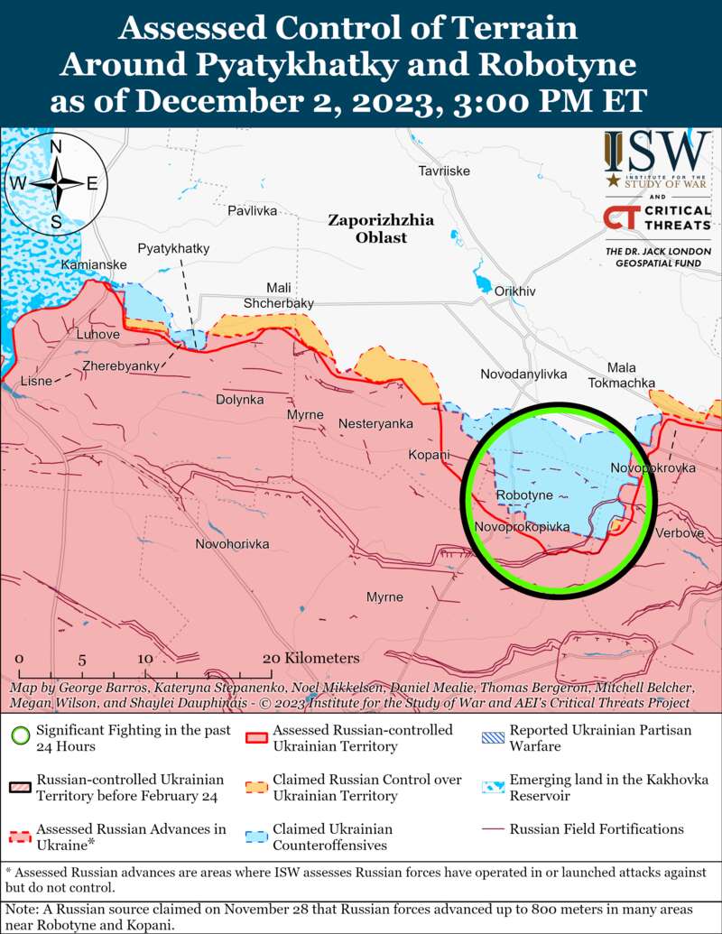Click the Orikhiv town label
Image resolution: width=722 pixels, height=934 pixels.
pos(514,291)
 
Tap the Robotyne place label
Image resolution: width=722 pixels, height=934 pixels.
pos(524,496)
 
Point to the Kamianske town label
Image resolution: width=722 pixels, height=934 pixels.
pos(94,264)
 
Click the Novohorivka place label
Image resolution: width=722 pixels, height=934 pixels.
pos(232,544)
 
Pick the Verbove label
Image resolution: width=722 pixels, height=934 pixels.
pos(680,533)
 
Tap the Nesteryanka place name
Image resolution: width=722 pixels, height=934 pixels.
pos(375,423)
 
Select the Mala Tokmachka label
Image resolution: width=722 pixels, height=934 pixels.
pos(621,375)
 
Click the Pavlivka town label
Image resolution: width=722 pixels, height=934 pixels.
pos(252,210)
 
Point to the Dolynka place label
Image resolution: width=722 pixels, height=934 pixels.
pos(239,399)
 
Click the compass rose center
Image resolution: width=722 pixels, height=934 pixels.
pos(56,183)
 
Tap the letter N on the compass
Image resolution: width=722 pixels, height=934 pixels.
pos(56,147)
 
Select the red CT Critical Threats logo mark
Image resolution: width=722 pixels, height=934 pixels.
pos(618,217)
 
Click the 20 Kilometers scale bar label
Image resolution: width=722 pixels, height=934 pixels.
pos(310,658)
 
